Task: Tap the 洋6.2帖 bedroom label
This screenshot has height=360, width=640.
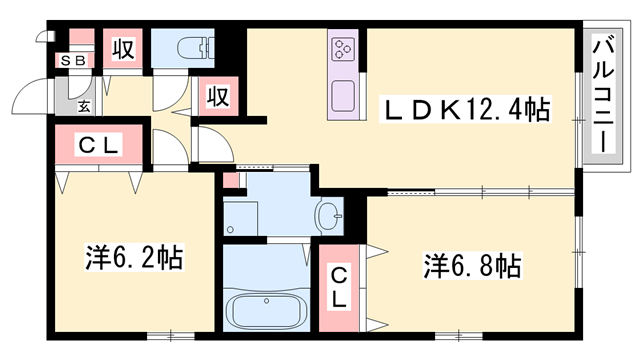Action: click(x=133, y=258)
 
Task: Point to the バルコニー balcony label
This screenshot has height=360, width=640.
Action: click(x=604, y=94)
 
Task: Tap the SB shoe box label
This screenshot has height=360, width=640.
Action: click(x=73, y=61)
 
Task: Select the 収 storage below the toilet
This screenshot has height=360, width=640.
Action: click(x=219, y=97)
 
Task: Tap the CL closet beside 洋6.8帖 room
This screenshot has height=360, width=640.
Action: click(x=341, y=287)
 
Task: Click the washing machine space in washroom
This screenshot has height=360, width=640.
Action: click(x=242, y=216)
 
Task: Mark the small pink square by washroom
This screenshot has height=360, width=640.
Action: click(x=232, y=181)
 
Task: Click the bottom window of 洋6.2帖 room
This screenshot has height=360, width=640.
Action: click(x=161, y=333)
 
